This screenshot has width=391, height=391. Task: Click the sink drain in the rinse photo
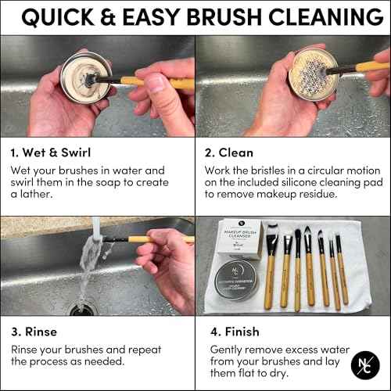click(81, 307)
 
